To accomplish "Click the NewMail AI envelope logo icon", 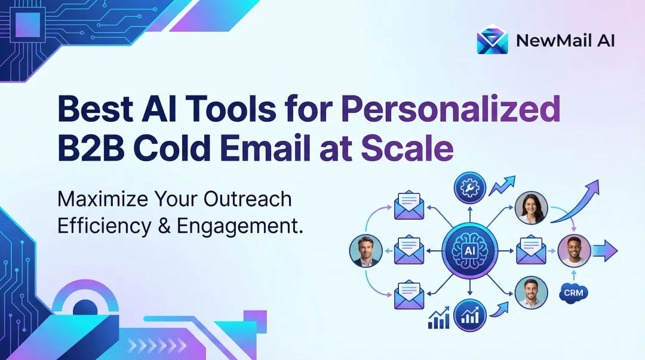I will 493,40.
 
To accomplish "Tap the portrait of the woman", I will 532,207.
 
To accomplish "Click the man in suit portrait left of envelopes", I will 365,251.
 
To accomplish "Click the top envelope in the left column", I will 409,206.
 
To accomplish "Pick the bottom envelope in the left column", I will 409,296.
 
